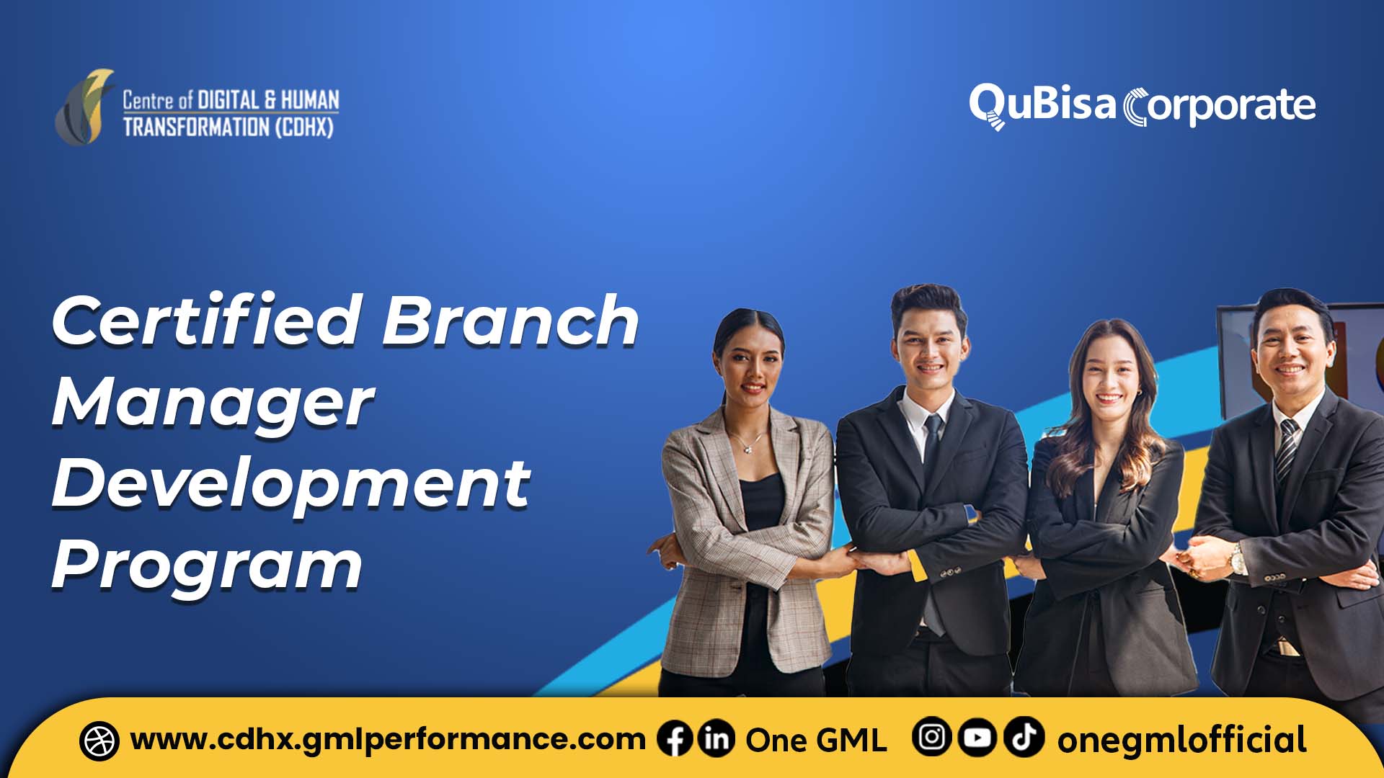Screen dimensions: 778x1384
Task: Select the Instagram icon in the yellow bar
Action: point(931,738)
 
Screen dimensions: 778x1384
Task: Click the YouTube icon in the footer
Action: point(977,738)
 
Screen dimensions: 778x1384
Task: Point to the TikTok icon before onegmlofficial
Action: point(1024,738)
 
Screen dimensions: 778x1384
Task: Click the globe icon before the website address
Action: point(99,741)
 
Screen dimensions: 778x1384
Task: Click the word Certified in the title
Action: point(205,321)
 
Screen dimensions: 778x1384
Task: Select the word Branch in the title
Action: point(510,321)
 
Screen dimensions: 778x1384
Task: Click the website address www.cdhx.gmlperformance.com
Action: point(387,740)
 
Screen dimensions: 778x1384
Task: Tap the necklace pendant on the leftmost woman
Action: point(749,448)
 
